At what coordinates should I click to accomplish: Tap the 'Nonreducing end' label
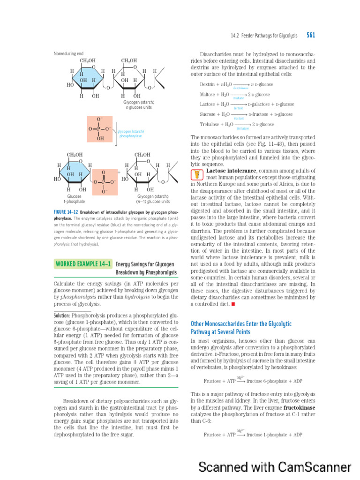pyautogui.click(x=69, y=53)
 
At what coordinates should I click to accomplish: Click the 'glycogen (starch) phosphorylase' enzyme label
pyautogui.click(x=130, y=134)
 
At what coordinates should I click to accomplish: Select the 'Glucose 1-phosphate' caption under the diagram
pyautogui.click(x=75, y=199)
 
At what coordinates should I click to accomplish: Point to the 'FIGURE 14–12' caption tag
pyautogui.click(x=66, y=212)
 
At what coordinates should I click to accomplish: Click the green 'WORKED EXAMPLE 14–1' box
pyautogui.click(x=82, y=264)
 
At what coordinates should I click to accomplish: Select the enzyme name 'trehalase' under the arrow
pyautogui.click(x=242, y=128)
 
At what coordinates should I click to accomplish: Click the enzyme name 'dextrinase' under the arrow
pyautogui.click(x=241, y=88)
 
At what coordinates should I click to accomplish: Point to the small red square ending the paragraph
pyautogui.click(x=233, y=304)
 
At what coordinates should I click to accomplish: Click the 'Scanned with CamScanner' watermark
pyautogui.click(x=275, y=467)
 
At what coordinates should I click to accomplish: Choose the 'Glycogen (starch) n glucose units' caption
pyautogui.click(x=139, y=105)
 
